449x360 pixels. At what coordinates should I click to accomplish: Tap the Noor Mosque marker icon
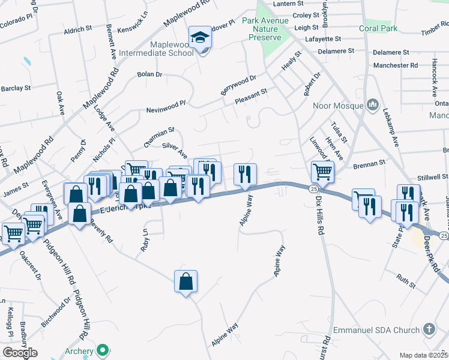pos(373,105)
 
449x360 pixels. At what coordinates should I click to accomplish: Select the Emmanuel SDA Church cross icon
pos(429,329)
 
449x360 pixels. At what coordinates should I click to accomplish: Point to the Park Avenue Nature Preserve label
pos(265,29)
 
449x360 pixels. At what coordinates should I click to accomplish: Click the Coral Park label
pos(378,28)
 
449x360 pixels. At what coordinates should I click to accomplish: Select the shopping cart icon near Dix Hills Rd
pos(322,172)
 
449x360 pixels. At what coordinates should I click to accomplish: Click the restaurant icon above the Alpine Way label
pos(244,174)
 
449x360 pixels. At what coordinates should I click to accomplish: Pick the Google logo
pos(20,353)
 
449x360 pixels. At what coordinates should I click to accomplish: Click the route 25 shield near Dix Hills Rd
pos(313,189)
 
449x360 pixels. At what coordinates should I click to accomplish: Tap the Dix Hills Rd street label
pos(320,218)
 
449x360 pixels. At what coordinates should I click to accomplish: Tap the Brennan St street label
pos(369,163)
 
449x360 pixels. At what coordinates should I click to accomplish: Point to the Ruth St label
pos(406,280)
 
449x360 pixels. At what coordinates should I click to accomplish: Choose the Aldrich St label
pos(77,28)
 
